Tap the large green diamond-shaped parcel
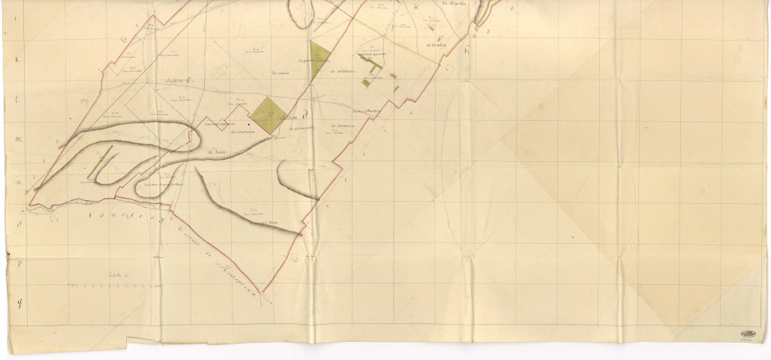[x=265, y=115]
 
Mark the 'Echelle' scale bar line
[x=112, y=286]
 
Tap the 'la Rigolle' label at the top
[x=454, y=4]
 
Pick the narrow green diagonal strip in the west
[x=100, y=161]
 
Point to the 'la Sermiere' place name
[x=341, y=125]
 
